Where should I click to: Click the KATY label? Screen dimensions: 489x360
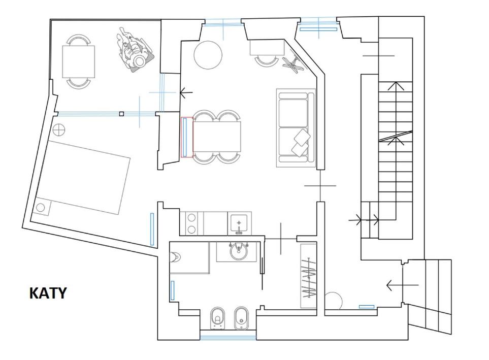(x=48, y=293)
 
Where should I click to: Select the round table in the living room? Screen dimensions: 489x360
(x=208, y=55)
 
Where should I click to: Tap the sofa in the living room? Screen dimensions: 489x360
(x=296, y=128)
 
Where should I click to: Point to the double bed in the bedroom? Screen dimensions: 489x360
(x=83, y=177)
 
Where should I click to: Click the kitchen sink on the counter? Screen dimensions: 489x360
(x=239, y=223)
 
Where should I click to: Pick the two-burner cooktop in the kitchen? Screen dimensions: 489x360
(x=191, y=223)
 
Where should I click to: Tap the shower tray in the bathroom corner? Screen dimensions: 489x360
(x=189, y=257)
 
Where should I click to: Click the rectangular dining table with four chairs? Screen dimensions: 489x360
(x=217, y=137)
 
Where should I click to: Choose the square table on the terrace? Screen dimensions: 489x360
(x=79, y=61)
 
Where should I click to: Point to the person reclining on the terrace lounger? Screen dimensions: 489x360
(x=134, y=50)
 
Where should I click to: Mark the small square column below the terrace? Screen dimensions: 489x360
(x=122, y=114)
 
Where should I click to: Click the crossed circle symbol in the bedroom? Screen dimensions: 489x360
(x=58, y=129)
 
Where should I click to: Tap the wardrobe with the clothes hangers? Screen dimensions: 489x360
(x=308, y=276)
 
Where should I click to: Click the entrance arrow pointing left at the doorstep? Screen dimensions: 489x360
(x=402, y=285)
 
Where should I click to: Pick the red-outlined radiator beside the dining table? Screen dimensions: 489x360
(x=187, y=137)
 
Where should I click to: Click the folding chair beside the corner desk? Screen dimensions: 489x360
(x=293, y=64)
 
